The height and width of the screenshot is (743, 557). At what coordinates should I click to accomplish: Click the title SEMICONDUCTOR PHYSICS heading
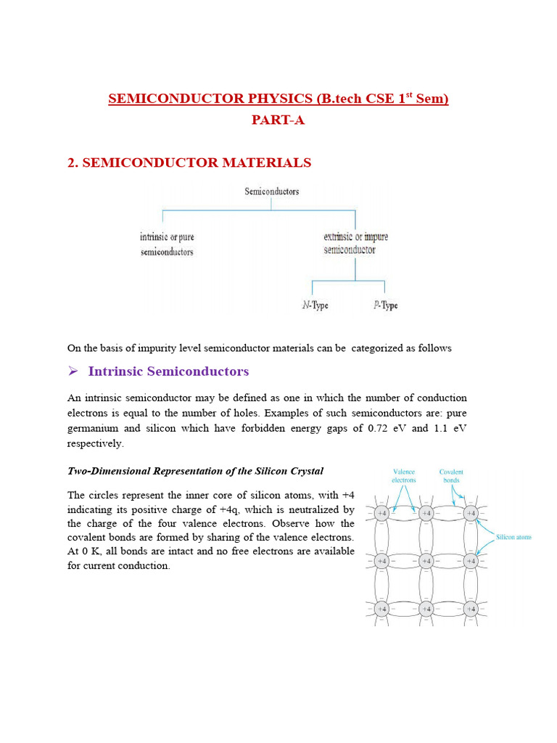(278, 99)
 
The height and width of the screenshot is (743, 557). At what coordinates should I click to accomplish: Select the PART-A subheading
(278, 120)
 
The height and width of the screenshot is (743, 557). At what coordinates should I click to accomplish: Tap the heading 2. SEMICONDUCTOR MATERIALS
(189, 163)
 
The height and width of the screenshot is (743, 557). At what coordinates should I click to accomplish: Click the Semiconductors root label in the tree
(271, 192)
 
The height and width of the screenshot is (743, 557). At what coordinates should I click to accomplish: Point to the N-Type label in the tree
(315, 305)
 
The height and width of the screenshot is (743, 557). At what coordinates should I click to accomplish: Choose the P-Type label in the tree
(385, 305)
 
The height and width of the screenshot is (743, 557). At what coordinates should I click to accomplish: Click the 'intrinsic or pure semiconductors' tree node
(167, 245)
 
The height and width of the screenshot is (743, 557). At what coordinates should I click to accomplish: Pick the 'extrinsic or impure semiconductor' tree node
(355, 243)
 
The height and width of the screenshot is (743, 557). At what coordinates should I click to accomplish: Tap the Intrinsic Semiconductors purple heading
(168, 371)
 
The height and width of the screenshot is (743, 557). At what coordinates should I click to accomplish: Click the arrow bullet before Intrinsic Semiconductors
(73, 371)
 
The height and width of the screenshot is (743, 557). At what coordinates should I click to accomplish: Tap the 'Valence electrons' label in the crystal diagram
(403, 475)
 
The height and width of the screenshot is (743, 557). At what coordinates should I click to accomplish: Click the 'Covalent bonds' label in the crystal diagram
(451, 475)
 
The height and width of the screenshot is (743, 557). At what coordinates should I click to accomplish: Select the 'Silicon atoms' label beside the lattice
(513, 538)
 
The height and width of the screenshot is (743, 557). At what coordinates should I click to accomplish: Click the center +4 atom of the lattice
(426, 561)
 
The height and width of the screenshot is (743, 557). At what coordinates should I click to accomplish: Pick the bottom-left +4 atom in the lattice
(381, 608)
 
